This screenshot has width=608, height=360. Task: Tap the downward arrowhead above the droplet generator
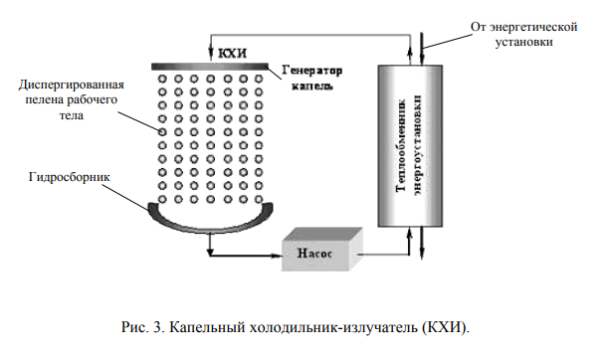(x=208, y=55)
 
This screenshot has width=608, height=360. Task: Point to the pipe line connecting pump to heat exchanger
(x=383, y=255)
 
